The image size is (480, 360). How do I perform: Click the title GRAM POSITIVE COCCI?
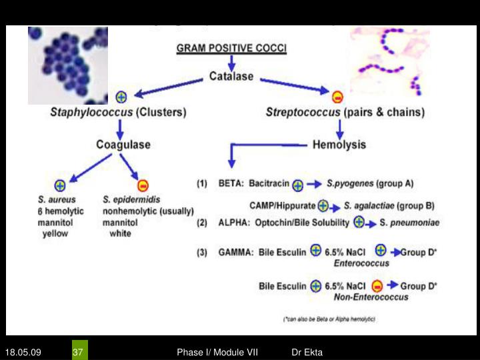point(231,49)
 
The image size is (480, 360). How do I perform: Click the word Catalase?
point(231,77)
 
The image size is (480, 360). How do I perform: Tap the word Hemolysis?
point(339,144)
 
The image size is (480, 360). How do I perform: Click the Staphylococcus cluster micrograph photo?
point(67,65)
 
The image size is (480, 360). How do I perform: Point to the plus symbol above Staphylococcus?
point(121,96)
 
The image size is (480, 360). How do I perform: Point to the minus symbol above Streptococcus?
point(337,96)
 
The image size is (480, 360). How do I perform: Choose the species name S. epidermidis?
point(131,199)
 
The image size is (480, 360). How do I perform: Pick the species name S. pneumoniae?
point(409,223)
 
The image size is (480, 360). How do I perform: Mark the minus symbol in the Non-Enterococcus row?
point(377,286)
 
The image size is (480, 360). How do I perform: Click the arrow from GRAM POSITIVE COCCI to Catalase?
point(231,62)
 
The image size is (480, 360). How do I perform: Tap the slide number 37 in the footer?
point(78,351)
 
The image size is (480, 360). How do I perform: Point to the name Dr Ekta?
point(307,351)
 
